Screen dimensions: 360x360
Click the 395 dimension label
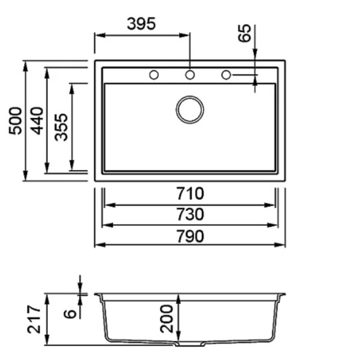click(x=142, y=24)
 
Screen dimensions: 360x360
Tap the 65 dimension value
click(x=244, y=33)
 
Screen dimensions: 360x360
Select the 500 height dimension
click(x=15, y=121)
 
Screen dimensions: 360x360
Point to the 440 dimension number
click(x=37, y=121)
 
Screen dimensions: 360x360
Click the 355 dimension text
click(x=61, y=127)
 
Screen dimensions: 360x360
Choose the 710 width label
click(x=190, y=194)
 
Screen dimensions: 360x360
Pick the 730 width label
click(x=190, y=214)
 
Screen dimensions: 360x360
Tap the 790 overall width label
click(x=190, y=237)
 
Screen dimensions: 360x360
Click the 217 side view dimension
click(x=34, y=319)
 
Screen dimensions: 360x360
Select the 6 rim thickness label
click(x=70, y=314)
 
